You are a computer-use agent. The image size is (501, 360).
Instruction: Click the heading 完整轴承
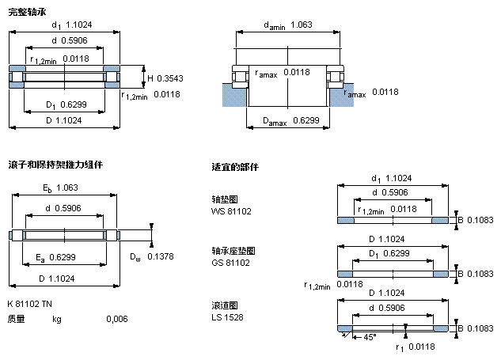tap(25, 10)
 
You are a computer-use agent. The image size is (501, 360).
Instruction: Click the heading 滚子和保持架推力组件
tap(55, 165)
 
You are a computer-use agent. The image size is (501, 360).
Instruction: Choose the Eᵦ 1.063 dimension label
tap(60, 188)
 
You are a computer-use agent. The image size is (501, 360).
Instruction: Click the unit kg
tap(57, 319)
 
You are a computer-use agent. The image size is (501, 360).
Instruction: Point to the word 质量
tap(16, 319)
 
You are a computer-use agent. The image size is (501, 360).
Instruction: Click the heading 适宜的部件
tap(235, 168)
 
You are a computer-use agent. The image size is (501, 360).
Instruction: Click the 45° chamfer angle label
tap(368, 338)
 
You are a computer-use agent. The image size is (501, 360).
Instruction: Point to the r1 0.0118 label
tap(413, 347)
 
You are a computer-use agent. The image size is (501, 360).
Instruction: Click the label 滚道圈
tap(225, 305)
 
